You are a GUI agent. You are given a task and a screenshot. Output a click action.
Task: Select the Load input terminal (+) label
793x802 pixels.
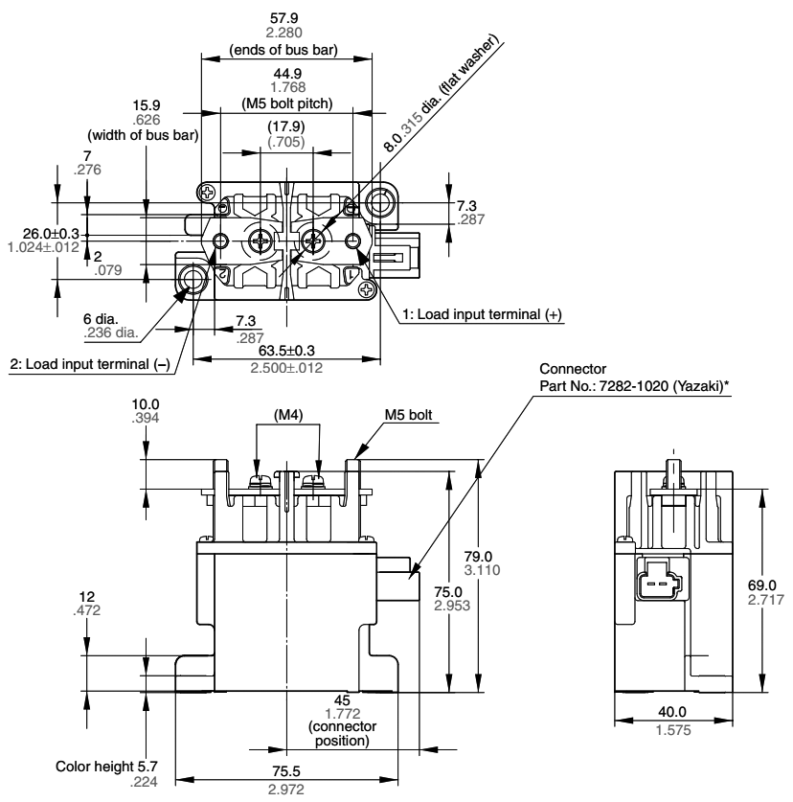pyautogui.click(x=482, y=315)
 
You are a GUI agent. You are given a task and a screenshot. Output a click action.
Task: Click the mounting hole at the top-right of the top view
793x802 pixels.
pyautogui.click(x=381, y=203)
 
